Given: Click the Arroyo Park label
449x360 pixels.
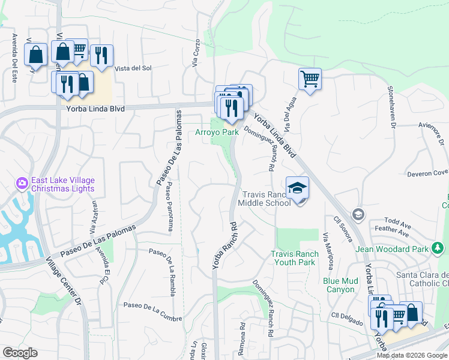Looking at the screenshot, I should click(217, 132).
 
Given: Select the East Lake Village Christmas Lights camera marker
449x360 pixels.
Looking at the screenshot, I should click(23, 182).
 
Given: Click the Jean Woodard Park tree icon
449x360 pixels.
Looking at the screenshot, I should click(438, 248).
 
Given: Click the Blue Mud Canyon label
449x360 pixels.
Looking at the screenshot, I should click(339, 285).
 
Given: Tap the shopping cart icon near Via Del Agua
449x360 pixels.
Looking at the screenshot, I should click(310, 78).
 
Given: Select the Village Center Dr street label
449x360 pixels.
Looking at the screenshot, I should click(63, 284).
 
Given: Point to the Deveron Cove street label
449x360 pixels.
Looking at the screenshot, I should click(428, 173).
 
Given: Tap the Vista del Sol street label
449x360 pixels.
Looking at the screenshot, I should click(133, 68).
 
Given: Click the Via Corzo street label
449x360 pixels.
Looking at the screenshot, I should click(195, 53).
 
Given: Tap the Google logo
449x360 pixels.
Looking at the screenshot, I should click(20, 353).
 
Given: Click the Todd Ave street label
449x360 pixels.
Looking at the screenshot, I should click(397, 220).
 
